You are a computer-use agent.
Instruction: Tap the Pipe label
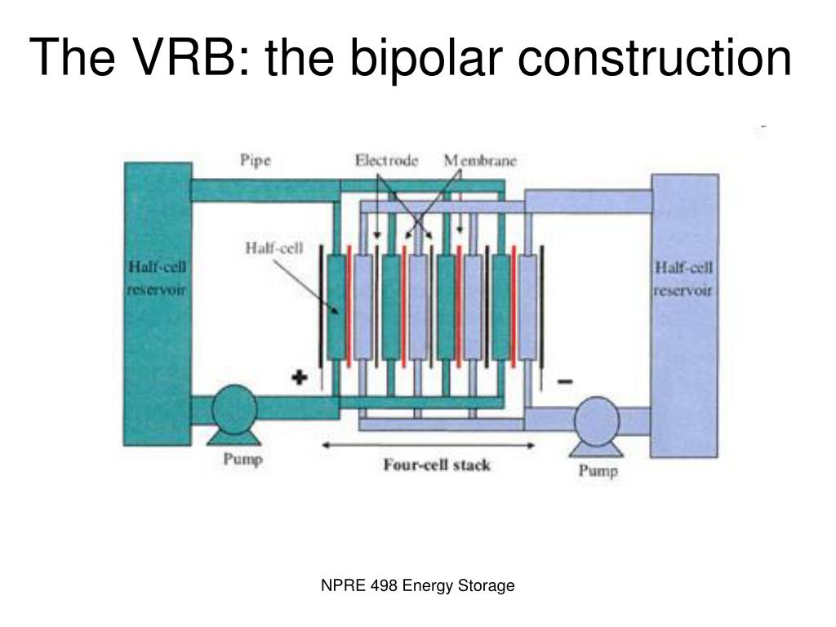pos(255,159)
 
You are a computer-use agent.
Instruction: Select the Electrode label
pos(386,161)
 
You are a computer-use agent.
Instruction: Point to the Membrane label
pos(480,161)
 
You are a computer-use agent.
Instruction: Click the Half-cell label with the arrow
pos(274,248)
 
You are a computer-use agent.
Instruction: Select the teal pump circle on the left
pos(235,411)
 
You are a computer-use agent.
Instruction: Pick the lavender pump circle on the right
pos(597,420)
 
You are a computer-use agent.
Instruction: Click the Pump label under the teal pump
pos(242,460)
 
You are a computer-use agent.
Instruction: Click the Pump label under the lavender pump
pos(598,470)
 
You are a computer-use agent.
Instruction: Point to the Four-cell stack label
pos(437,465)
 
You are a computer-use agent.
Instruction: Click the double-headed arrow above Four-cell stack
pos(428,446)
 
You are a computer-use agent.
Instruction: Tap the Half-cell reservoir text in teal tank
pos(158,279)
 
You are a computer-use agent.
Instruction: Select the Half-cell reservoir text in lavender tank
pos(684,278)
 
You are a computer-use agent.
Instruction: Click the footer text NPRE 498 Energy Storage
pos(416,585)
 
